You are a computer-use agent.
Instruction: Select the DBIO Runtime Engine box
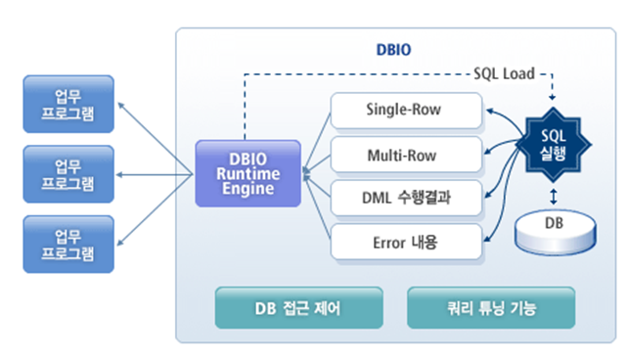248,173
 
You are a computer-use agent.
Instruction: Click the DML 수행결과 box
405,199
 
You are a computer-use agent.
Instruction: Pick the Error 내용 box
405,242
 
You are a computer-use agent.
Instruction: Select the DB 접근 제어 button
298,309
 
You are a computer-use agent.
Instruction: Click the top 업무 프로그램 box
68,104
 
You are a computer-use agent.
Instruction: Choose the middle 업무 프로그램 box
68,174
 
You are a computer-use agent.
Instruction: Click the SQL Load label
502,73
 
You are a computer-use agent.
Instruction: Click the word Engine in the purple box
248,188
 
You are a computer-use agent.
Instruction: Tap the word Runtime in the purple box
248,173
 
